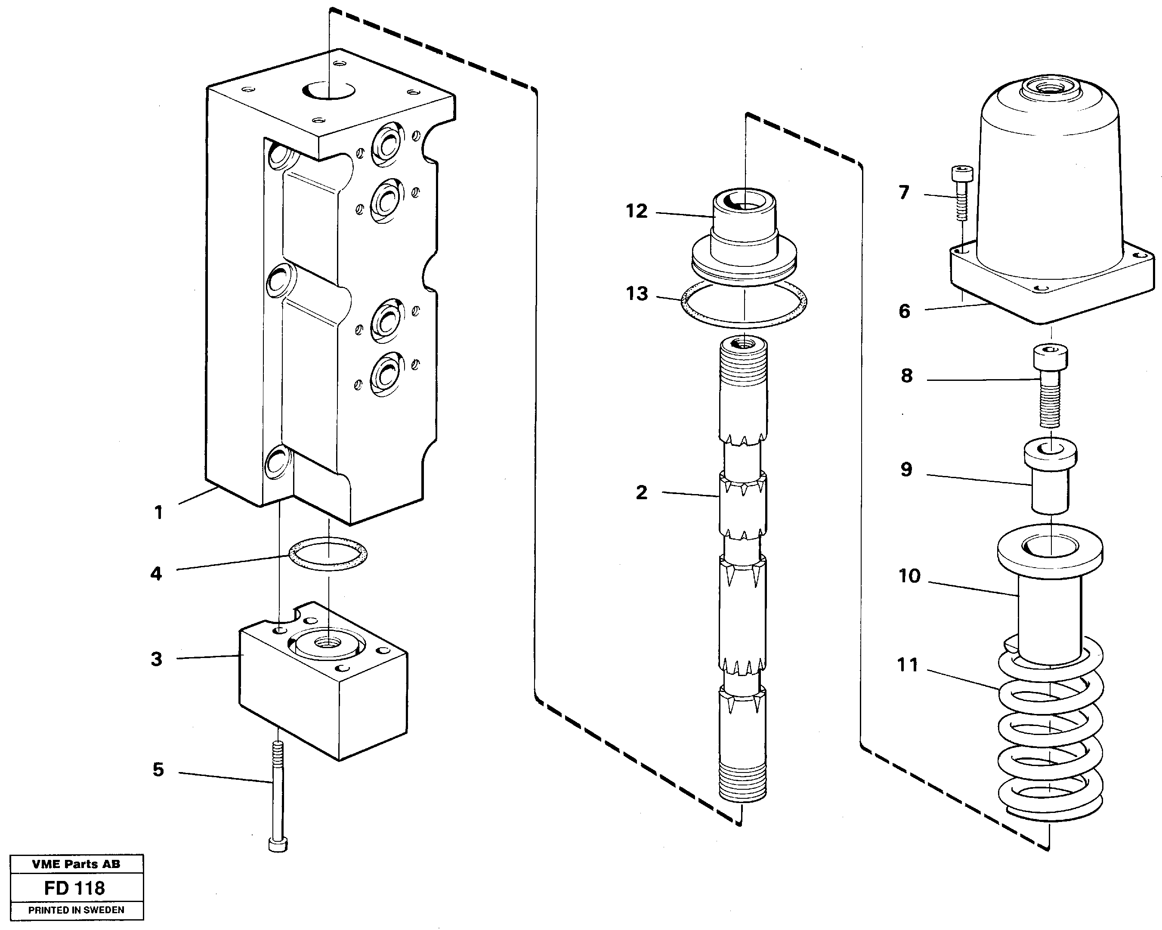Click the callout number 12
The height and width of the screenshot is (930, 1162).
pyautogui.click(x=637, y=211)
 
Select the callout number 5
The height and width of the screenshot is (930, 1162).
pyautogui.click(x=158, y=769)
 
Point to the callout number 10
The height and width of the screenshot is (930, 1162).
pyautogui.click(x=909, y=576)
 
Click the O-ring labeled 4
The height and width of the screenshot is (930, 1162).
pyautogui.click(x=328, y=553)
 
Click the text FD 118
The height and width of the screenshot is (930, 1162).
pyautogui.click(x=74, y=888)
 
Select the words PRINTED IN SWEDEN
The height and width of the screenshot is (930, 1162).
pyautogui.click(x=76, y=910)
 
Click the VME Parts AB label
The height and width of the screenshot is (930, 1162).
pyautogui.click(x=76, y=864)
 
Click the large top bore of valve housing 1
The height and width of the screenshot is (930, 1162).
pyautogui.click(x=328, y=90)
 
